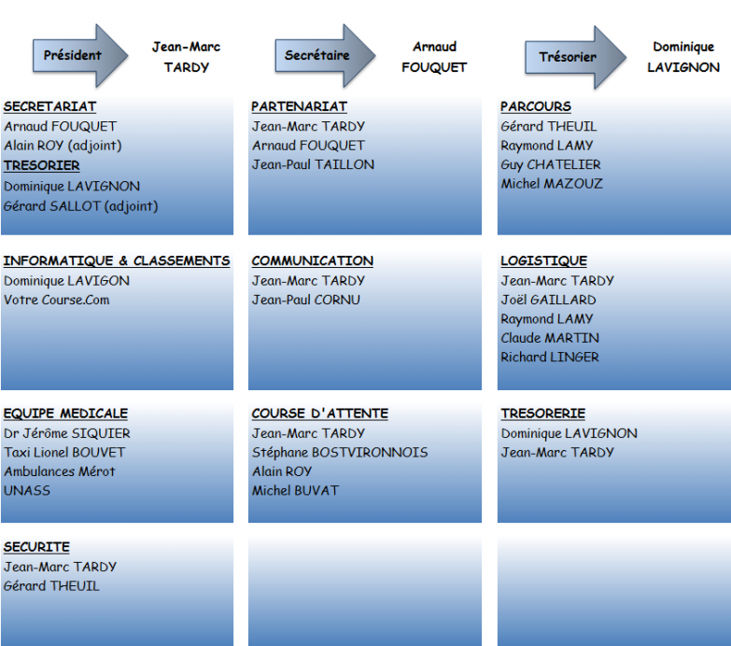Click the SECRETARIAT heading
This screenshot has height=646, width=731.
click(x=49, y=106)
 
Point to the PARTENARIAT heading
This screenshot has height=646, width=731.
click(x=300, y=106)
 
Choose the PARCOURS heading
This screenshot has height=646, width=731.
click(x=536, y=106)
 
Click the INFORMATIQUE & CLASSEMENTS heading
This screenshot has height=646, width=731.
click(x=117, y=260)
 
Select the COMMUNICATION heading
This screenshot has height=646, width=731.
click(x=313, y=260)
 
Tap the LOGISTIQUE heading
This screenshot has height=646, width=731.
click(x=544, y=260)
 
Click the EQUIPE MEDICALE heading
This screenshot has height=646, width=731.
click(x=65, y=414)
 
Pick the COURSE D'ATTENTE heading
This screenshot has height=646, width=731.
click(x=320, y=414)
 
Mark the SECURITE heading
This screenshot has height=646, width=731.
click(x=36, y=547)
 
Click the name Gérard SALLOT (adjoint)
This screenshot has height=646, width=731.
click(x=81, y=206)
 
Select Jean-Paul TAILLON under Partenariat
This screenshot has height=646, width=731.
click(x=314, y=164)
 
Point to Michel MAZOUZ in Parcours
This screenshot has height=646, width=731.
click(x=552, y=184)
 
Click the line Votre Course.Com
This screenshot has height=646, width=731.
click(x=57, y=300)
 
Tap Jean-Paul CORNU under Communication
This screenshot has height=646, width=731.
click(x=306, y=300)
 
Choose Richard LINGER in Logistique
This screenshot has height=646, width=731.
click(x=550, y=357)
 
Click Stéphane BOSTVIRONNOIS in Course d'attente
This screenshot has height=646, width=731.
click(x=340, y=453)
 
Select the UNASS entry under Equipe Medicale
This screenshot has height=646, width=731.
click(x=27, y=491)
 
